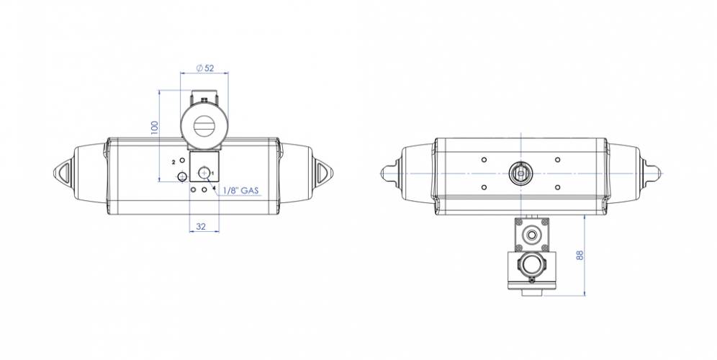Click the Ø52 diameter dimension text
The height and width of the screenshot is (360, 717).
(204, 68)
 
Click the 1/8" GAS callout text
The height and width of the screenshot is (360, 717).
(240, 191)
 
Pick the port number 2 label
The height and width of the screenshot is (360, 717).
(173, 163)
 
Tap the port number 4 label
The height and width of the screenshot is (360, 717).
(214, 189)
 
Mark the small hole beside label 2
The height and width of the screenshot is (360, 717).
(182, 160)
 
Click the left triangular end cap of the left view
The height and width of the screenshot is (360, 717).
(62, 173)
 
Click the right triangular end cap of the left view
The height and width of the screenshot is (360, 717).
(320, 173)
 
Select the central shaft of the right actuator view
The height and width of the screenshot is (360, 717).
(520, 173)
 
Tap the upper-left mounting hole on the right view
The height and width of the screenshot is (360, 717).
(483, 159)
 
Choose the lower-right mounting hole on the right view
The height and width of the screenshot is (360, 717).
(558, 187)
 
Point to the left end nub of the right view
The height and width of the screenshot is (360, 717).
(386, 173)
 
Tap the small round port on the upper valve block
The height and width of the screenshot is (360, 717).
(532, 233)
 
